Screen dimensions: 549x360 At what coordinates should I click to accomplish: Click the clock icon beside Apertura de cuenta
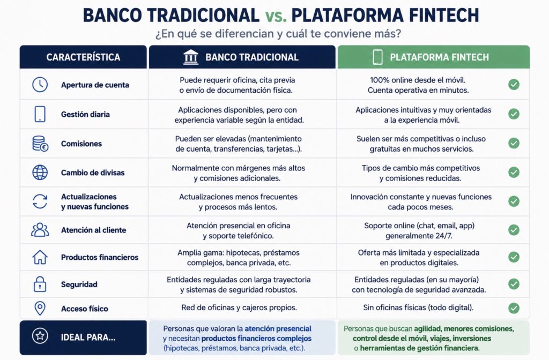pyautogui.click(x=40, y=85)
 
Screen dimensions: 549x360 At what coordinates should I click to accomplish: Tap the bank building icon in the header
pyautogui.click(x=191, y=57)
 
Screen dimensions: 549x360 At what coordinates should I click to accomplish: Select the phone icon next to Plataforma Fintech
pyautogui.click(x=377, y=57)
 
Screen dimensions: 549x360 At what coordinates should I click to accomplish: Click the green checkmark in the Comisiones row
pyautogui.click(x=514, y=143)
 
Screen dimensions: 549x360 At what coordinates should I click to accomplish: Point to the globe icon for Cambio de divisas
pyautogui.click(x=40, y=172)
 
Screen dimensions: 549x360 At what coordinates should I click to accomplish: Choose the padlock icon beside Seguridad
pyautogui.click(x=40, y=284)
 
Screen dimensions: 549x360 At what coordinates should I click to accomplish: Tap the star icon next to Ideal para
pyautogui.click(x=40, y=336)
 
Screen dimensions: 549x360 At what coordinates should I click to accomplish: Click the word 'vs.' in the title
pyautogui.click(x=276, y=16)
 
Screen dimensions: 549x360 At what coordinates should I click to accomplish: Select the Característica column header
pyautogui.click(x=83, y=57)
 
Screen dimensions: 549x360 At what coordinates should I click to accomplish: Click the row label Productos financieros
pyautogui.click(x=100, y=257)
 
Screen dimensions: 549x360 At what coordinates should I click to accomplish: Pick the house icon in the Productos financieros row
pyautogui.click(x=40, y=257)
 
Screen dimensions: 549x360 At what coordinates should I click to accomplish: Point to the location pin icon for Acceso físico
pyautogui.click(x=40, y=308)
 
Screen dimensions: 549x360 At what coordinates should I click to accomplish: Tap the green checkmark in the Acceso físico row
pyautogui.click(x=514, y=308)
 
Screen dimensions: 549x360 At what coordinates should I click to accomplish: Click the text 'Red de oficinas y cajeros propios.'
pyautogui.click(x=239, y=307)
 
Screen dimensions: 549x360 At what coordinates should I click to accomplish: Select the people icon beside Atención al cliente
pyautogui.click(x=40, y=230)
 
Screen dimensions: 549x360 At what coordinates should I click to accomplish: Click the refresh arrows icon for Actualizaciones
pyautogui.click(x=40, y=201)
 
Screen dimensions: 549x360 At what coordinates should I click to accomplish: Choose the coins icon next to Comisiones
pyautogui.click(x=40, y=144)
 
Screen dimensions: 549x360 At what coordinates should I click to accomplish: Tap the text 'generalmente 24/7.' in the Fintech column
pyautogui.click(x=419, y=236)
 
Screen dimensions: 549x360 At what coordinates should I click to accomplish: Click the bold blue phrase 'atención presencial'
pyautogui.click(x=278, y=328)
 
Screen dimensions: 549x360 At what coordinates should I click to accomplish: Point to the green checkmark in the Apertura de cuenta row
pyautogui.click(x=514, y=84)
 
